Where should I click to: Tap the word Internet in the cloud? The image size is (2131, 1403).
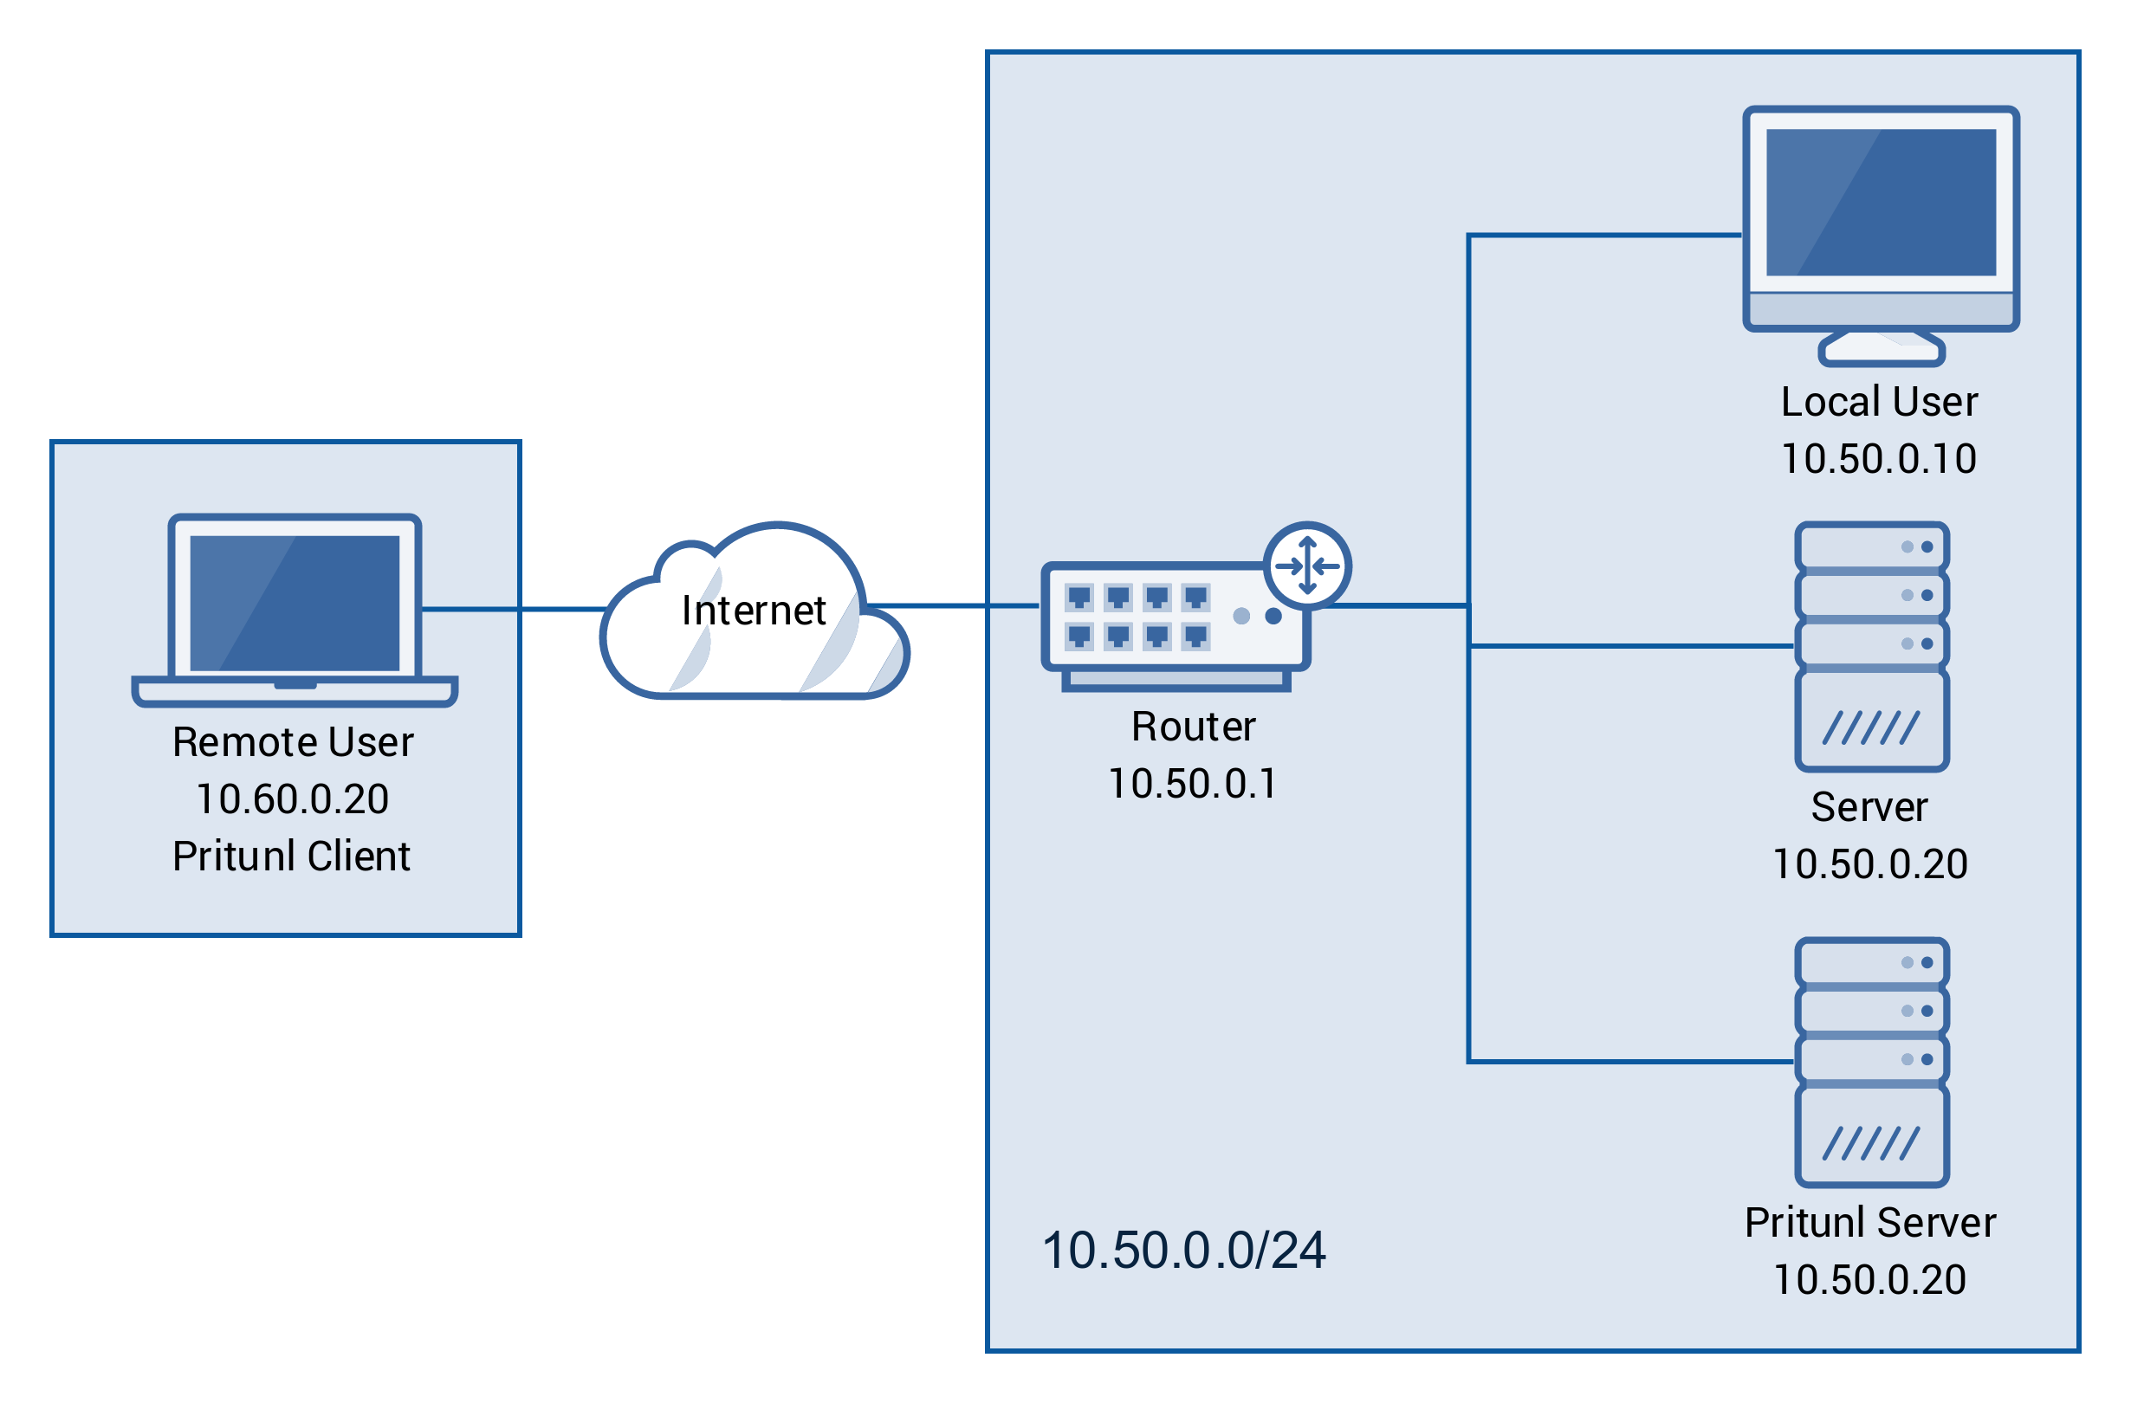[753, 611]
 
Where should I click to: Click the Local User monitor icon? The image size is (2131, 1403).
[1881, 219]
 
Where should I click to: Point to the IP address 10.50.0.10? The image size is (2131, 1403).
[1879, 459]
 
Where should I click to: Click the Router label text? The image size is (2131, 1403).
[1193, 727]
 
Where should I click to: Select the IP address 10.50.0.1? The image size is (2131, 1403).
[1193, 785]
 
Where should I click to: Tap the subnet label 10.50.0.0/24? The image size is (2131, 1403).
[1182, 1251]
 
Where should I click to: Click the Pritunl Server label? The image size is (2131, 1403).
[1870, 1223]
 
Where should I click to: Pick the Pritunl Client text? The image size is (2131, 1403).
[292, 857]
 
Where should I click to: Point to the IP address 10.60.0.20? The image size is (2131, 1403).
[293, 799]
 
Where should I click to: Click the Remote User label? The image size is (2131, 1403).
[293, 742]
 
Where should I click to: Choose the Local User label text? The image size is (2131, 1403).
[1879, 402]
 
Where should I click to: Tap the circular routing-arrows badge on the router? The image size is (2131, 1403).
[1307, 566]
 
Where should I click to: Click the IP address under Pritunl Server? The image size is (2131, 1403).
[1869, 1280]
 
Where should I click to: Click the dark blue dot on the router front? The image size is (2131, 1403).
[1273, 616]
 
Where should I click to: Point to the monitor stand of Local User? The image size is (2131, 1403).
[1882, 348]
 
